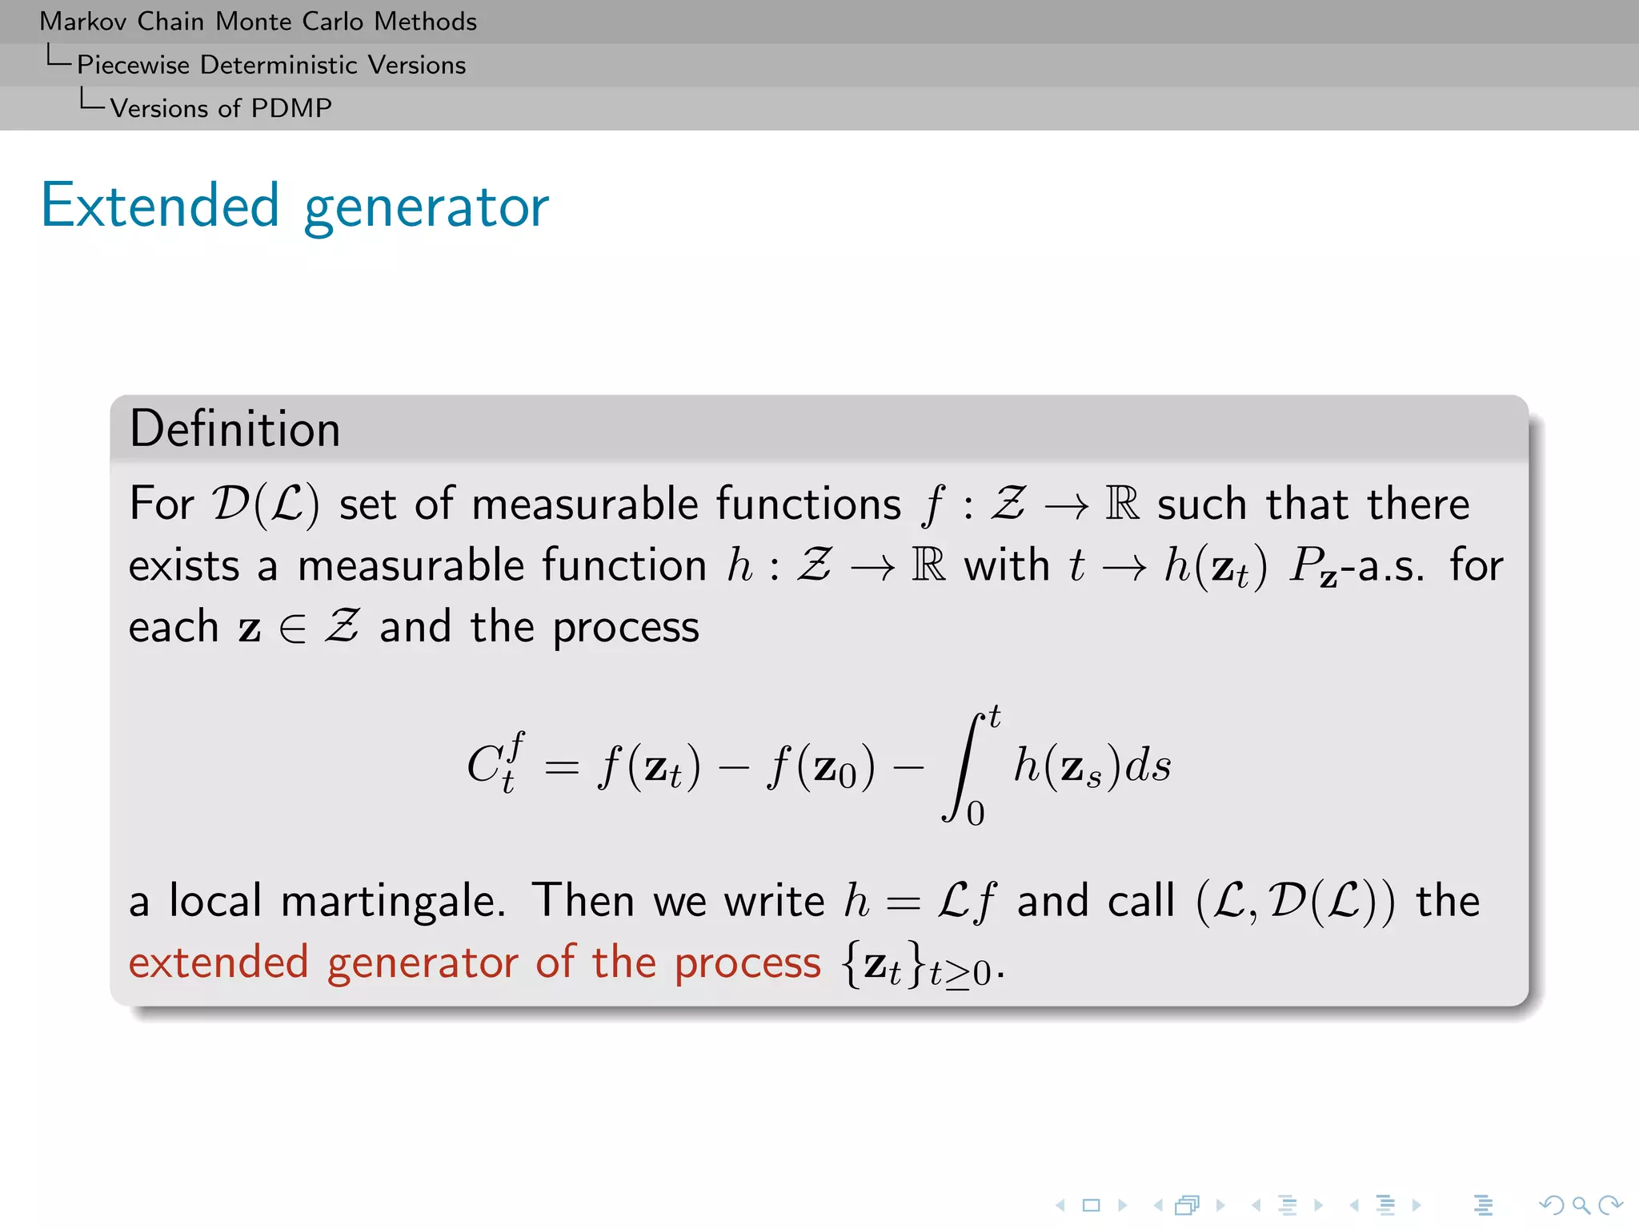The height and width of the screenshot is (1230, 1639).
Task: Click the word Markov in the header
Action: pyautogui.click(x=84, y=22)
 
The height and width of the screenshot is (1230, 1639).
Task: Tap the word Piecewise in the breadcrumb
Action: pyautogui.click(x=133, y=65)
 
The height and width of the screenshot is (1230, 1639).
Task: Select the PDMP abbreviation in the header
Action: pyautogui.click(x=291, y=108)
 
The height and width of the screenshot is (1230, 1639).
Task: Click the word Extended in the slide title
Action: pyautogui.click(x=159, y=206)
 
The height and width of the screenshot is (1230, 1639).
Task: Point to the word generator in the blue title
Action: pyautogui.click(x=427, y=208)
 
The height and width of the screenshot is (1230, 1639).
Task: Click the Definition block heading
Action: pyautogui.click(x=235, y=429)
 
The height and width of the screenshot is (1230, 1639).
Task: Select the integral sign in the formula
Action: pyautogui.click(x=964, y=767)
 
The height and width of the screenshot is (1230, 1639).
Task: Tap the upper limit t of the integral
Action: pyautogui.click(x=994, y=716)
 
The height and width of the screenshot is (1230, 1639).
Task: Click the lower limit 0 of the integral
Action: pyautogui.click(x=976, y=814)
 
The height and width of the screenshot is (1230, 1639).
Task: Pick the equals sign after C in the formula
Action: pyautogui.click(x=561, y=768)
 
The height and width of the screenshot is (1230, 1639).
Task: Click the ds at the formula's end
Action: pyautogui.click(x=1148, y=766)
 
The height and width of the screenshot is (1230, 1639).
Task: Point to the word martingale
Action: pyautogui.click(x=392, y=902)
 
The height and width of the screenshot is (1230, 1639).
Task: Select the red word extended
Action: pyautogui.click(x=218, y=963)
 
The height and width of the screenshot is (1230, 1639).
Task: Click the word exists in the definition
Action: pyautogui.click(x=184, y=566)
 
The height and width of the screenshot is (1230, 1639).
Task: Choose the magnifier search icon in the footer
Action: pyautogui.click(x=1581, y=1205)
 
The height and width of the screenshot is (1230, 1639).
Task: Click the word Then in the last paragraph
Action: pyautogui.click(x=583, y=900)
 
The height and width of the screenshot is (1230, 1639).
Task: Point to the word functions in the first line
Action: pyautogui.click(x=808, y=504)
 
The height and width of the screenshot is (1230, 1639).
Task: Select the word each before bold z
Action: pyautogui.click(x=173, y=627)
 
